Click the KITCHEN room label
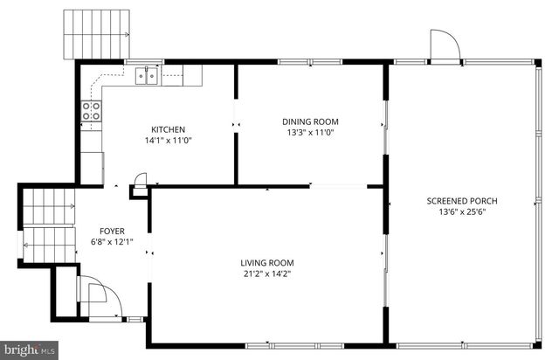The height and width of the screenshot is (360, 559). [168, 129]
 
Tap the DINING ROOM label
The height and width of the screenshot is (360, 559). [310, 121]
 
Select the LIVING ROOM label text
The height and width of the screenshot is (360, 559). [267, 263]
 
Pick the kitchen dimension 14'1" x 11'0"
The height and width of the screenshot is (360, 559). [168, 141]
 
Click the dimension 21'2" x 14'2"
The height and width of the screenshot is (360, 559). [267, 274]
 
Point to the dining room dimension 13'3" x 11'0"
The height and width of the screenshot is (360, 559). [310, 133]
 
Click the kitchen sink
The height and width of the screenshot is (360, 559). [147, 76]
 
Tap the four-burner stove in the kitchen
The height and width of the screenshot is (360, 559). [92, 111]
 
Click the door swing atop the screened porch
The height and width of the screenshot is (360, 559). [443, 45]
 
